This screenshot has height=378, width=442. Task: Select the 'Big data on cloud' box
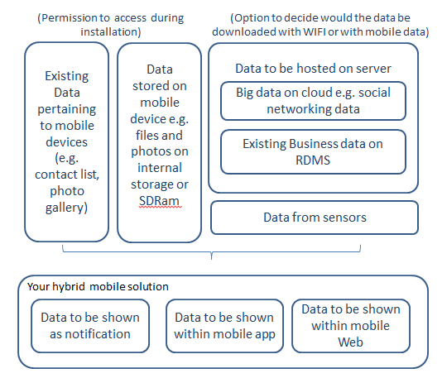coord(313,99)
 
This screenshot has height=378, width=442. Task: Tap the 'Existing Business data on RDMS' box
coord(313,151)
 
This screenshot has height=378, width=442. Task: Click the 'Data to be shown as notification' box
coord(90,326)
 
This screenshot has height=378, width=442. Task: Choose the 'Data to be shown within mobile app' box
coord(224,326)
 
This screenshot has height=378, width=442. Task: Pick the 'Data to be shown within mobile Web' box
coord(350,325)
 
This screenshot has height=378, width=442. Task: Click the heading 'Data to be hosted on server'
coord(313,68)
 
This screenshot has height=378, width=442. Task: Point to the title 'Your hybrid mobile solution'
coord(98,286)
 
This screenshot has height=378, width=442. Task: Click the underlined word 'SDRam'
coord(157,201)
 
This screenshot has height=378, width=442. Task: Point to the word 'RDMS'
coord(313,160)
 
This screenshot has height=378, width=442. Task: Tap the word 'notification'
coord(90,334)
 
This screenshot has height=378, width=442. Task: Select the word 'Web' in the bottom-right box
coord(350,341)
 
